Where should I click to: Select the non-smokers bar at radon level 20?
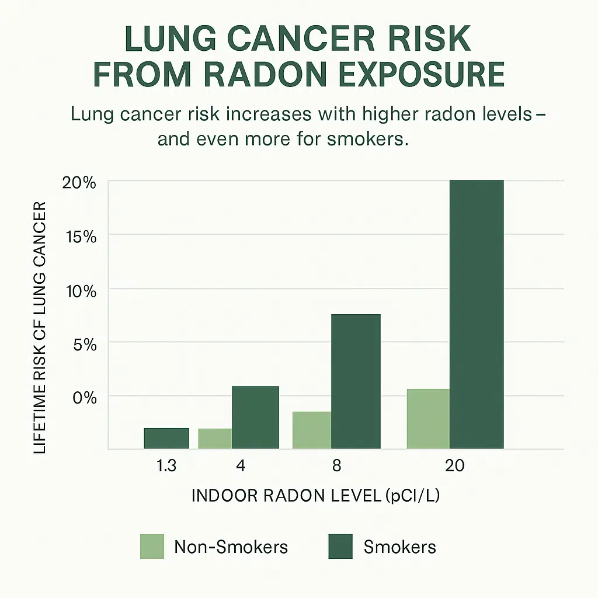pos(428,419)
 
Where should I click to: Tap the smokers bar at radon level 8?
pos(356,381)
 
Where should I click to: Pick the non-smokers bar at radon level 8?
pos(311,430)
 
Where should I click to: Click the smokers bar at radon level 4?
pos(255,417)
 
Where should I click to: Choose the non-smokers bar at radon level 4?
pos(215,439)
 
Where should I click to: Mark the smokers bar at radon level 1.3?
pos(166,438)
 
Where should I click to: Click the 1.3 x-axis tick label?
pos(165,466)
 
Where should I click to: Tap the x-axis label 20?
pos(454,466)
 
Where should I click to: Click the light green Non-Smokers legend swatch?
pos(152,547)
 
